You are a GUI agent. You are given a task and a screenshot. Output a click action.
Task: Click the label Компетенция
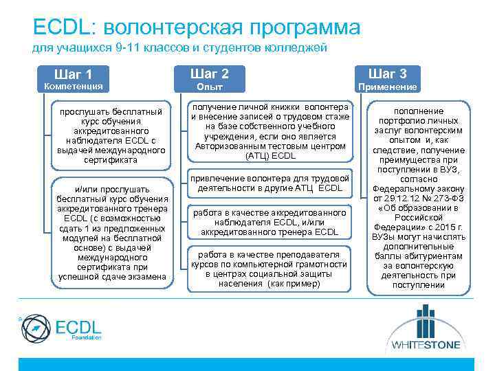pos(74,87)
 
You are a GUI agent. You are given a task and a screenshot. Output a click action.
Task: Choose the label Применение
pos(387,87)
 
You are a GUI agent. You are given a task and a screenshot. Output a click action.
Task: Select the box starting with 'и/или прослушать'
pos(111,233)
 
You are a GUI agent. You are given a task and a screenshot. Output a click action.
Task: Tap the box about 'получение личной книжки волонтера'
pos(270,132)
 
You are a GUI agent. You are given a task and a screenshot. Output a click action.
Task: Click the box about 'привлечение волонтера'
pos(270,183)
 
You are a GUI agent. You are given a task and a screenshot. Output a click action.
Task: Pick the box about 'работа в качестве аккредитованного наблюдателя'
pos(270,223)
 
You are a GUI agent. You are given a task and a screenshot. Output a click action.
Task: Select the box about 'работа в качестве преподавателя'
pos(270,268)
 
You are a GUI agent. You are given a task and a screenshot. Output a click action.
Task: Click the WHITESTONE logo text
pos(427,344)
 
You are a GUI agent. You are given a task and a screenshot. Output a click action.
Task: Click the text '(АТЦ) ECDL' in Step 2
pos(270,156)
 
